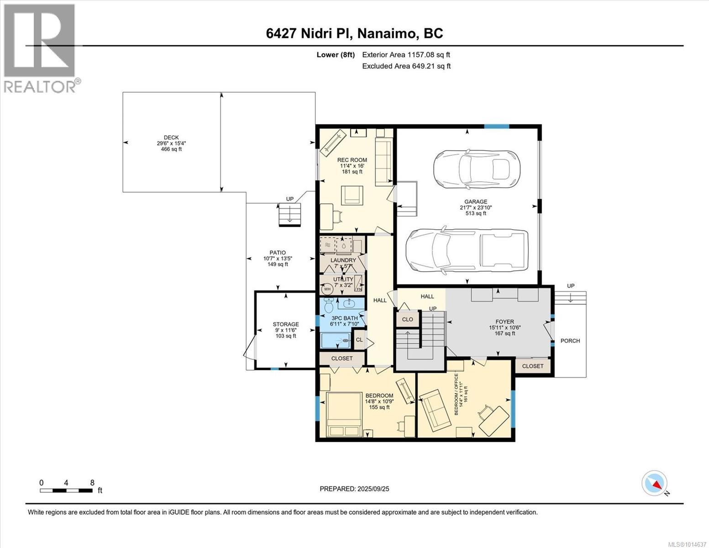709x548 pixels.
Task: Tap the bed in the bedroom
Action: [x=344, y=414]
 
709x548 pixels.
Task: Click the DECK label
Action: [x=171, y=138]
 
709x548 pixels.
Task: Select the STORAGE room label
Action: [x=286, y=324]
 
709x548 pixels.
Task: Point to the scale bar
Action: [x=66, y=490]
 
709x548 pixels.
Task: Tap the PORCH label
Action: [x=570, y=341]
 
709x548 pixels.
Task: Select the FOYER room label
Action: [x=505, y=321]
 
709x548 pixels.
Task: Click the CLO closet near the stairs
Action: [x=408, y=320]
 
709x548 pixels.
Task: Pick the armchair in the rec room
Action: [x=352, y=195]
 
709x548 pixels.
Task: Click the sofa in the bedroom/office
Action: [x=435, y=409]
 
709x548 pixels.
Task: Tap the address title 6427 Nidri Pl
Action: [x=309, y=34]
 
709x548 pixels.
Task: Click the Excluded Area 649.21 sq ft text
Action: [x=406, y=66]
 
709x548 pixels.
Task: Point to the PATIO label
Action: [x=278, y=253]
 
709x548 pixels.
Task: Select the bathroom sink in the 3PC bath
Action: [x=349, y=303]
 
